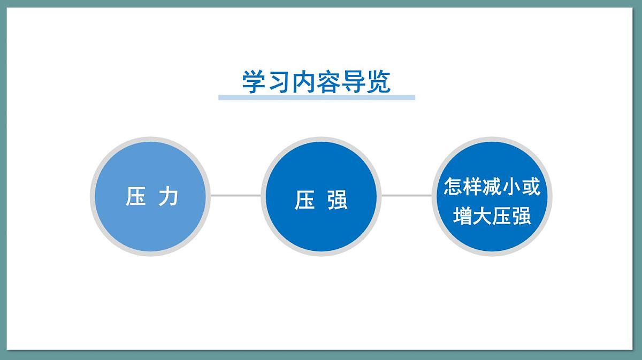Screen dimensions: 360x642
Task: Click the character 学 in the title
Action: pos(254,82)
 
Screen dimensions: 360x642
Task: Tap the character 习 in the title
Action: pos(279,82)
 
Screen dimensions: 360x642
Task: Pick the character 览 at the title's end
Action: pos(379,82)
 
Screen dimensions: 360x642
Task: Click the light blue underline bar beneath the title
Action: pos(316,97)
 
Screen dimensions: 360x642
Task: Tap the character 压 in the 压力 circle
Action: pos(136,196)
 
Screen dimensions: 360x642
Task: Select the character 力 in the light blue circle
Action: pos(169,196)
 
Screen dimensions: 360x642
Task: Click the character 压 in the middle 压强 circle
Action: pos(304,200)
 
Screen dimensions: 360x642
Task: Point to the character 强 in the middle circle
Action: pos(337,200)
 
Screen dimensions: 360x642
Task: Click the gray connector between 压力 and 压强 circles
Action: pos(235,195)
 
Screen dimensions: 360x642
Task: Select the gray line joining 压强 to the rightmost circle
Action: pos(406,195)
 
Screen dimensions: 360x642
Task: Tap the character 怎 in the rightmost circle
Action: pos(454,187)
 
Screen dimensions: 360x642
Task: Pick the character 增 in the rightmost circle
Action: pos(463,216)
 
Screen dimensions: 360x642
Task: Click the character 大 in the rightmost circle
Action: pos(482,216)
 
